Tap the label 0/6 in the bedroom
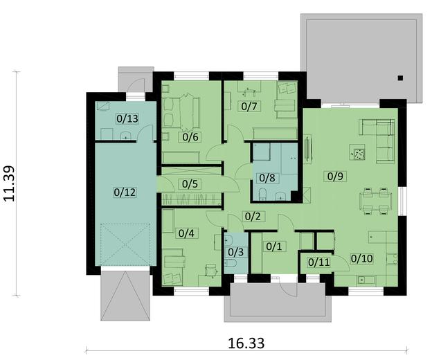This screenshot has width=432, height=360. click(190, 136)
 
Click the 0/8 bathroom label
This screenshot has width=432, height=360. click(266, 177)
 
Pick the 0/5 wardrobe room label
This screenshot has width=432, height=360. click(189, 184)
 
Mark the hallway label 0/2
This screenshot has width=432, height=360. click(253, 216)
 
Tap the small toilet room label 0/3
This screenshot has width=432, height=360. click(236, 252)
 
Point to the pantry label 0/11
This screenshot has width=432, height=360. click(318, 262)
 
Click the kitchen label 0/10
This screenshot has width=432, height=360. click(361, 259)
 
